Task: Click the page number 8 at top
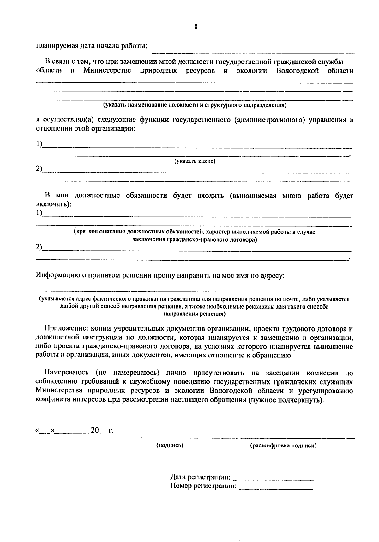196,27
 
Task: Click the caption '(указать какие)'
195,161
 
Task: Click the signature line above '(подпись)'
170,438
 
